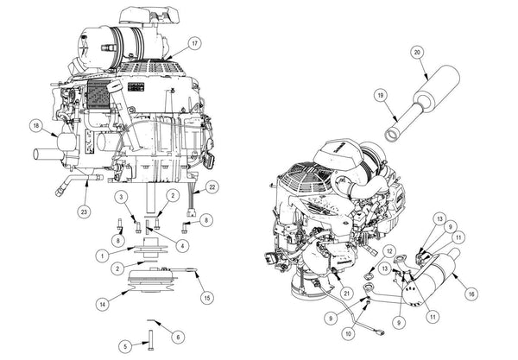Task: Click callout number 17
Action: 195,43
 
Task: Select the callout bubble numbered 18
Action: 35,126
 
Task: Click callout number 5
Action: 124,346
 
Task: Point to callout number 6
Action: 179,337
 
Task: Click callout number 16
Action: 471,294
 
